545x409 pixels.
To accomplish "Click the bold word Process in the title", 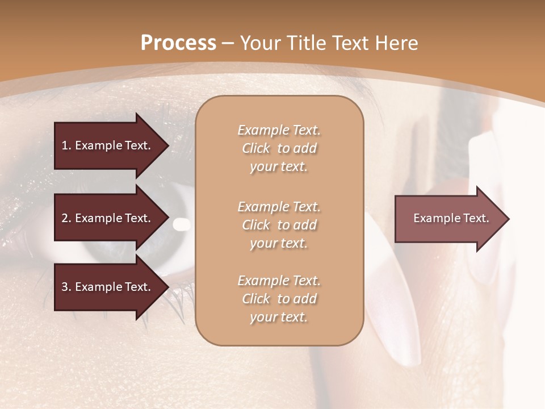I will [178, 43].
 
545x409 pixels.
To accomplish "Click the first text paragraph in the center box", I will [279, 148].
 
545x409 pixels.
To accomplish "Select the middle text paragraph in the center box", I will [279, 225].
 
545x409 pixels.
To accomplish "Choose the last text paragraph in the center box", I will [279, 299].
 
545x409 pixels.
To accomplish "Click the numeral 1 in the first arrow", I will [64, 145].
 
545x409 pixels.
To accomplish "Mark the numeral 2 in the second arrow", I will [64, 218].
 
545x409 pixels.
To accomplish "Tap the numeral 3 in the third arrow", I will [64, 287].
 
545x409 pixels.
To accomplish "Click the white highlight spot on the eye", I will [182, 225].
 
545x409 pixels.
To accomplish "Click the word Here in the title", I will [397, 43].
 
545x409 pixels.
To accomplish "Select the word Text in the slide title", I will [351, 43].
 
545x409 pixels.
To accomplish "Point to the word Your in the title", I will [259, 43].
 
